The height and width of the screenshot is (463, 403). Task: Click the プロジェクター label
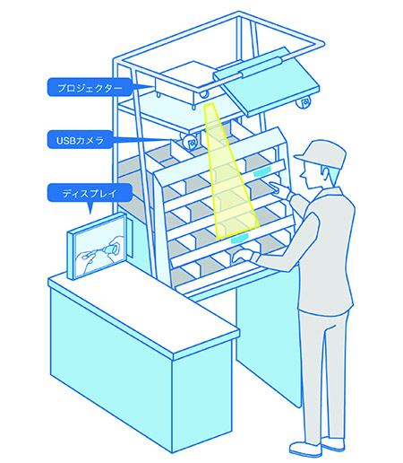(x=90, y=87)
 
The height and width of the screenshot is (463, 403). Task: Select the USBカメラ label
(x=80, y=140)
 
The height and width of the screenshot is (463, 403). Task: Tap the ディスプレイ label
(x=90, y=193)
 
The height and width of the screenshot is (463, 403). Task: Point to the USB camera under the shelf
(x=190, y=142)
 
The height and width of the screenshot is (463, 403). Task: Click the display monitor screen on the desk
(x=100, y=246)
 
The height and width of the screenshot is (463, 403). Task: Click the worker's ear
(x=326, y=174)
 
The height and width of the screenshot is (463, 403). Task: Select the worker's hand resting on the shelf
(x=243, y=256)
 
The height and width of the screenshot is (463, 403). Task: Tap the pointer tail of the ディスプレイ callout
(x=90, y=207)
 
